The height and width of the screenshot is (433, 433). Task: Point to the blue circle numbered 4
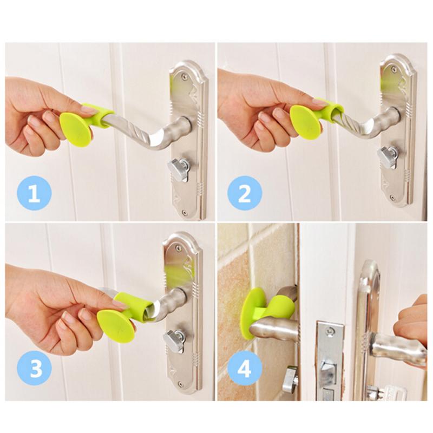point(244,370)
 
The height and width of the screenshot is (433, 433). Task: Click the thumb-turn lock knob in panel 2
point(388,158)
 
